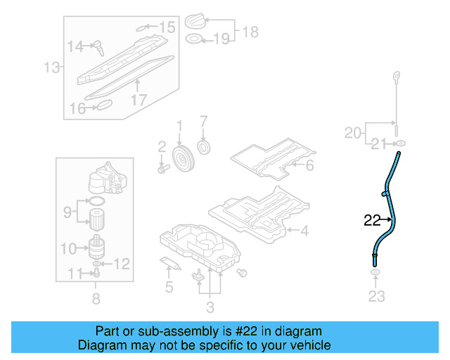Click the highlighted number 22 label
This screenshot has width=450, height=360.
[x=372, y=220]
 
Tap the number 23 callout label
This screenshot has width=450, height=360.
[x=377, y=296]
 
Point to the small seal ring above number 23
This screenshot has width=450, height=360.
[x=375, y=274]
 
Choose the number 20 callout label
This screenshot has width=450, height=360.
[x=353, y=132]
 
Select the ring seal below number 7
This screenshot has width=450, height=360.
[x=205, y=148]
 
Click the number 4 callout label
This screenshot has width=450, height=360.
[x=304, y=230]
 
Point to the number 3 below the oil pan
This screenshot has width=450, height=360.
[x=210, y=306]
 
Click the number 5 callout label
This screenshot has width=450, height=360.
[x=168, y=286]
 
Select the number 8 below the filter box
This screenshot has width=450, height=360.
[x=96, y=298]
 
